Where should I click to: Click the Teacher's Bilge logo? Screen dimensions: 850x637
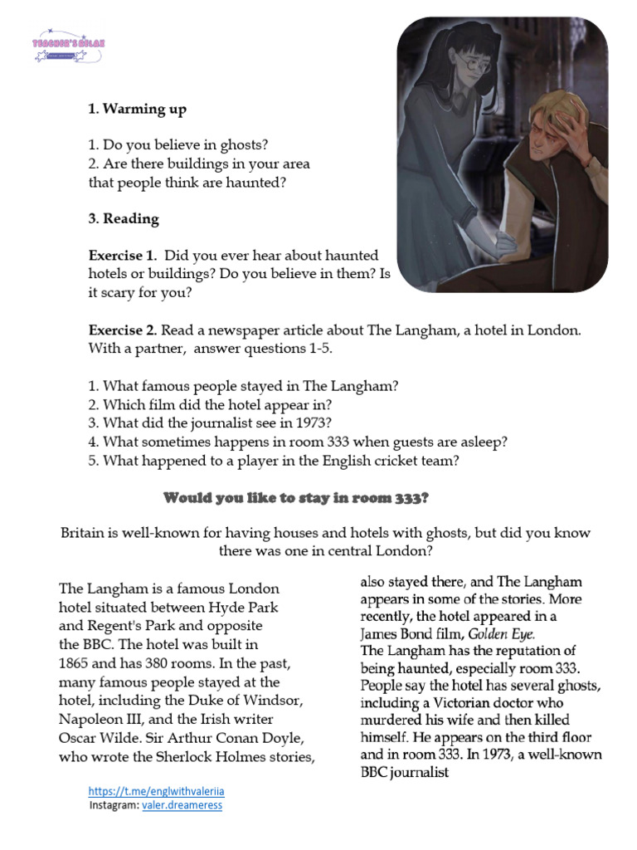(69, 48)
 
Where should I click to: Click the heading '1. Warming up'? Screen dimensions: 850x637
(137, 109)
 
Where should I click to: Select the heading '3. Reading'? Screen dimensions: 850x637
(124, 219)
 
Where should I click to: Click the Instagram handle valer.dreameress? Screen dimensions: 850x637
(182, 805)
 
